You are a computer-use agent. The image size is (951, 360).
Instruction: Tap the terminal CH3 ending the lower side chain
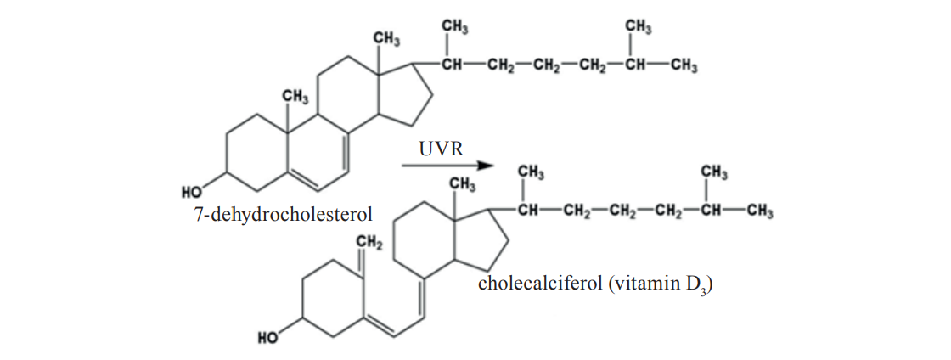pos(758,212)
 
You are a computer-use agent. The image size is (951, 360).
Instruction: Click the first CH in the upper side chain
pos(451,67)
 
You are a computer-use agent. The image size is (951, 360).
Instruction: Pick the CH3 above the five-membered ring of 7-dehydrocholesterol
pos(386,38)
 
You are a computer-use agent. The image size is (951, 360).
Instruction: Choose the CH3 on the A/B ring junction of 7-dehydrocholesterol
pos(295,98)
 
